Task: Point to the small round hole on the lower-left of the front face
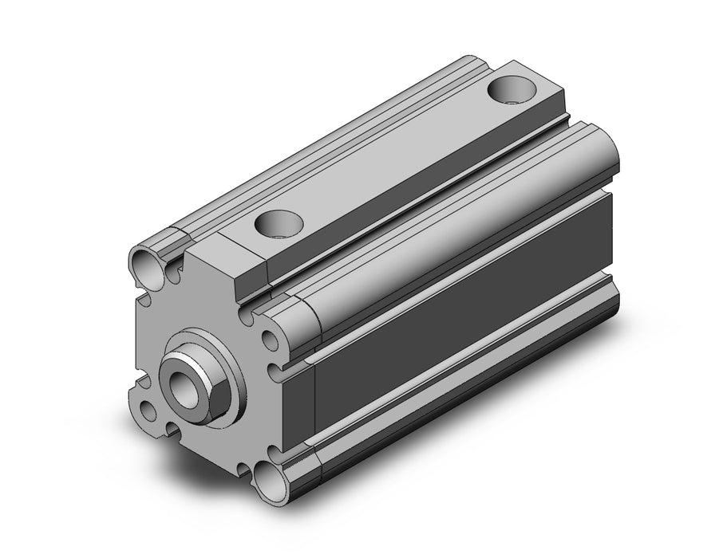pos(148,411)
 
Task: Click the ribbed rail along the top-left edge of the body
pos(319,151)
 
